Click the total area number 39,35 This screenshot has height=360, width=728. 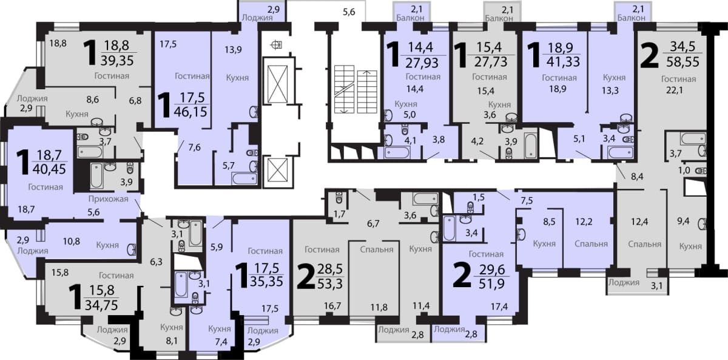[117, 61]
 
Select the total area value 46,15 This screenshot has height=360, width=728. [190, 112]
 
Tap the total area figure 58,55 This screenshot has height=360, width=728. [682, 61]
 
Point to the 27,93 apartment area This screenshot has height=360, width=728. [422, 63]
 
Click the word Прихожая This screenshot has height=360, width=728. [109, 199]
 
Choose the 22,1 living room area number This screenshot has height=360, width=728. [675, 90]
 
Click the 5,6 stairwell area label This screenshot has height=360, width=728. [349, 12]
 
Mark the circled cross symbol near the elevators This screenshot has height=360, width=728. [276, 44]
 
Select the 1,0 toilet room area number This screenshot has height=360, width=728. [684, 170]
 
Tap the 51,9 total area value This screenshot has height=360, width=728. [492, 284]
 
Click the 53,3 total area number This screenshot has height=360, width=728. [330, 284]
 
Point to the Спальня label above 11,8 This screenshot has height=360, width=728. [377, 250]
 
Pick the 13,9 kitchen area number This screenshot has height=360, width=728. [233, 50]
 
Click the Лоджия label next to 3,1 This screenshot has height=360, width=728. [624, 282]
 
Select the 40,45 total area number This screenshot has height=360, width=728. [49, 169]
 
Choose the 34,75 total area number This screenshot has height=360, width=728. [101, 305]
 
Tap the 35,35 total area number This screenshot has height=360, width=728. [266, 281]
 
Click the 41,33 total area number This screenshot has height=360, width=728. [563, 61]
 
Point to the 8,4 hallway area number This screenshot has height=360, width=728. [637, 177]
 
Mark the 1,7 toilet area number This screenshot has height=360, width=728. [339, 214]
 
